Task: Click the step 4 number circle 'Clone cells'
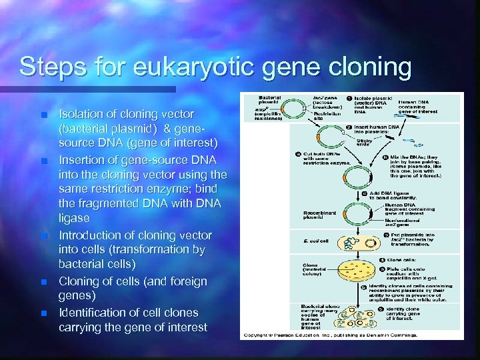click(x=382, y=260)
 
